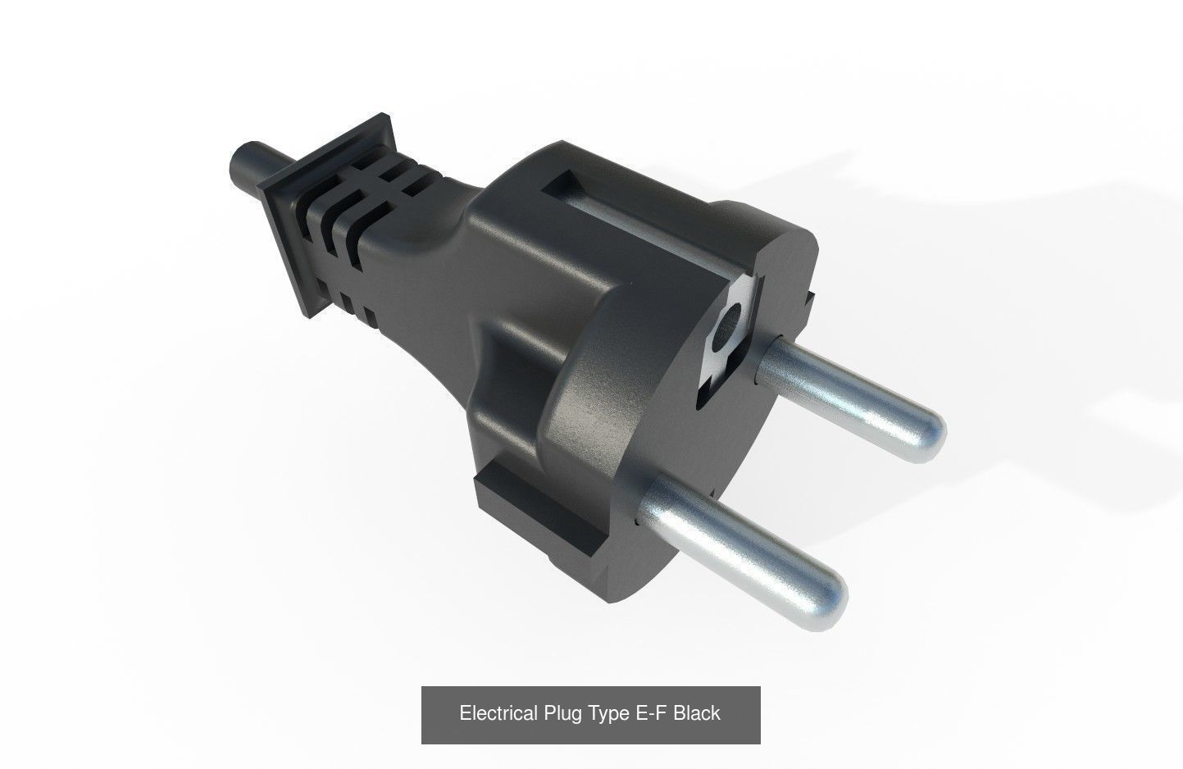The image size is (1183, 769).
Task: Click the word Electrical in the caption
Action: [499, 713]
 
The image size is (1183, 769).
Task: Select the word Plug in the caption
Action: [563, 713]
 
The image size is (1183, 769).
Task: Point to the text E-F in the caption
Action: [652, 713]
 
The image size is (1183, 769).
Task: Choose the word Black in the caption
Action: [697, 713]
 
